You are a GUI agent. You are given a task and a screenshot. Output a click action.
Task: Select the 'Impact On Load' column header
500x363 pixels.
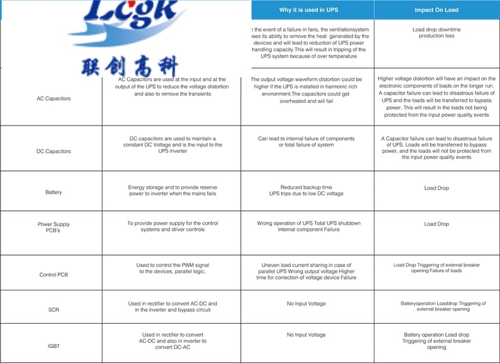pyautogui.click(x=436, y=10)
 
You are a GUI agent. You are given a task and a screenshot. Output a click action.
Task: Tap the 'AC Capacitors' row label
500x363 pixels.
pyautogui.click(x=54, y=98)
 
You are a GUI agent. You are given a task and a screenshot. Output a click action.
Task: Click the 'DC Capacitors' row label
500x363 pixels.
pyautogui.click(x=54, y=152)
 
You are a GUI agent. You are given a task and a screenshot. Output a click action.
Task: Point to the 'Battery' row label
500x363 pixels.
pyautogui.click(x=54, y=192)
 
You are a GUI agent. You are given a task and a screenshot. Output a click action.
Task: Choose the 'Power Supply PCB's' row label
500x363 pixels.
pyautogui.click(x=54, y=227)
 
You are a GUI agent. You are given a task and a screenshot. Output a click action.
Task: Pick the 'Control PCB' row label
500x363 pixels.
pyautogui.click(x=54, y=275)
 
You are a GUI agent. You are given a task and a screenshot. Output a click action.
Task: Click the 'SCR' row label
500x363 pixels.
pyautogui.click(x=54, y=310)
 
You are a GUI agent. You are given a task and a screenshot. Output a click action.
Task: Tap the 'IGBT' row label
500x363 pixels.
pyautogui.click(x=54, y=347)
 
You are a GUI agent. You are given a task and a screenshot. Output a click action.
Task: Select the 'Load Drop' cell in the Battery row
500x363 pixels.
pyautogui.click(x=436, y=188)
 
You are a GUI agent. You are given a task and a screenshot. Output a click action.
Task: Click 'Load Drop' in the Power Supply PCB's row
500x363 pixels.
pyautogui.click(x=436, y=224)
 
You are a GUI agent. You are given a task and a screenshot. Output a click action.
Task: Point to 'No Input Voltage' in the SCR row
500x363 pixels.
pyautogui.click(x=307, y=304)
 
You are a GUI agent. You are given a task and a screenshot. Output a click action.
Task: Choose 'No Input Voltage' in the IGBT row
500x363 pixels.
pyautogui.click(x=307, y=335)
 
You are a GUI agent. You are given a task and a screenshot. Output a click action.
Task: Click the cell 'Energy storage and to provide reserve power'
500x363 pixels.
pyautogui.click(x=172, y=191)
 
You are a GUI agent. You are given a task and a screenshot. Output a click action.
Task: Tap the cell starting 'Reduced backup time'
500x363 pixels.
pyautogui.click(x=307, y=191)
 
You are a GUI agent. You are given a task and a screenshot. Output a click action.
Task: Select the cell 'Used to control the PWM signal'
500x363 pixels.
pyautogui.click(x=172, y=268)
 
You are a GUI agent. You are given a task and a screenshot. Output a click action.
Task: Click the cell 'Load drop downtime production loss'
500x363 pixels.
pyautogui.click(x=436, y=33)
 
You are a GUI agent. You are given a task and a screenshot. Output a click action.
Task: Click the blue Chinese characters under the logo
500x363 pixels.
pyautogui.click(x=130, y=66)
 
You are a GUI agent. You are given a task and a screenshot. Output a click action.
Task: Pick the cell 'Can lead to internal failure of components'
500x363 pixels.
pyautogui.click(x=307, y=142)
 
